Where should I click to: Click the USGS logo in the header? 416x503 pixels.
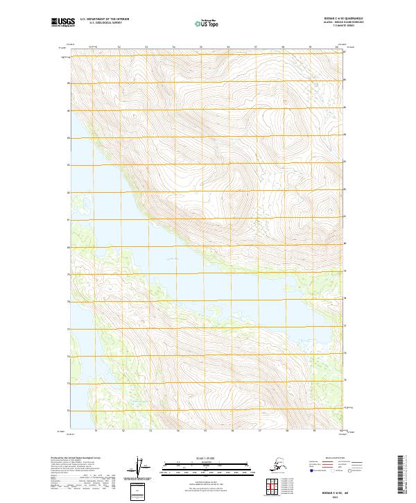(64, 22)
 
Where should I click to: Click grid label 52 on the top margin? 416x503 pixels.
(119, 47)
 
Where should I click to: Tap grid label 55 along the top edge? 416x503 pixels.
(201, 47)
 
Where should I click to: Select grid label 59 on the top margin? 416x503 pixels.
(310, 47)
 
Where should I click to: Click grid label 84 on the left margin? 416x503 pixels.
(68, 138)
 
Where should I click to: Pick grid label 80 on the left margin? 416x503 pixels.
(68, 247)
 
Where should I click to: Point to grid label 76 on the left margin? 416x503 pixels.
(68, 357)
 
